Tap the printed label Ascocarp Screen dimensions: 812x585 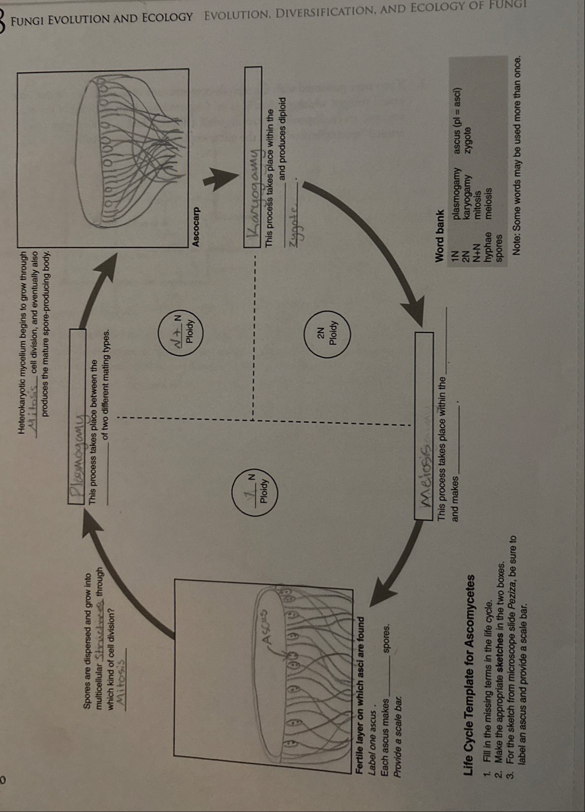pyautogui.click(x=197, y=226)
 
